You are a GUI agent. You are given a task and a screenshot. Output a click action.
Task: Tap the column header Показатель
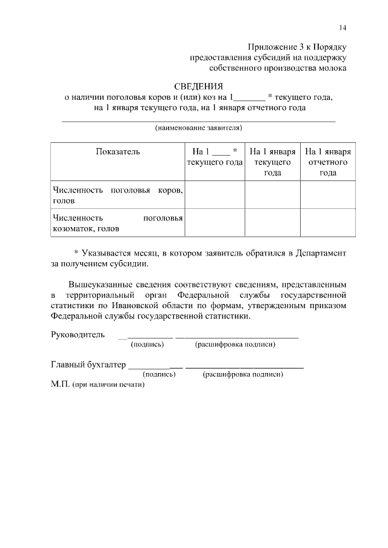pos(118,151)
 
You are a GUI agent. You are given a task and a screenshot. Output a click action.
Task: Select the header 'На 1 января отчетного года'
pos(328,162)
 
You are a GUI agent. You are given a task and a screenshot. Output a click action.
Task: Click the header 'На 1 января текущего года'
pos(272,162)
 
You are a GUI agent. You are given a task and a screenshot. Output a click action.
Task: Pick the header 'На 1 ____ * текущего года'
pos(215,157)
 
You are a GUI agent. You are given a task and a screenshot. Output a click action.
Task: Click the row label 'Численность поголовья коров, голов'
pos(117,195)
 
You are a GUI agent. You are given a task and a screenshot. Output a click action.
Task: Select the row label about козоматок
pos(117,223)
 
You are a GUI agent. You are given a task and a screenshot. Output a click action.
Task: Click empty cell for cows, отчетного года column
pos(328,195)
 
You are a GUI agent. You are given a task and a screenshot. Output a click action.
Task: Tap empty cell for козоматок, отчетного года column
pos(328,223)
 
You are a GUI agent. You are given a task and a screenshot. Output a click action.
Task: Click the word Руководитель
pos(78,334)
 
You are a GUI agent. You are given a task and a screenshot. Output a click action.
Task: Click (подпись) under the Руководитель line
pos(148,345)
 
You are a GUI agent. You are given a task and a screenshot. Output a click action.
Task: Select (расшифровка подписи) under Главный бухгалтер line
pos(243,374)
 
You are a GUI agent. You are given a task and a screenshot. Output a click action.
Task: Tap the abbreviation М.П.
pos(60,385)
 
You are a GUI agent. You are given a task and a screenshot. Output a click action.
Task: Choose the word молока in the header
pos(332,68)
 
